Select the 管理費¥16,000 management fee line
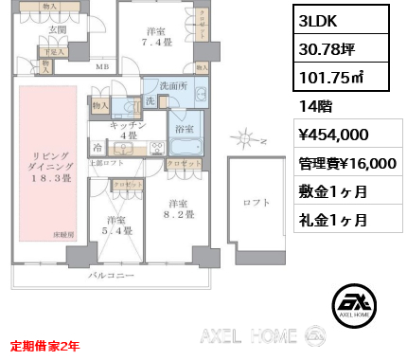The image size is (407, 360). [345, 163]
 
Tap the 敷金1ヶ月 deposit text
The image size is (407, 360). [331, 191]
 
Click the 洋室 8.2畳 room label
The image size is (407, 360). [179, 209]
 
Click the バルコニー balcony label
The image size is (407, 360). [110, 276]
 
